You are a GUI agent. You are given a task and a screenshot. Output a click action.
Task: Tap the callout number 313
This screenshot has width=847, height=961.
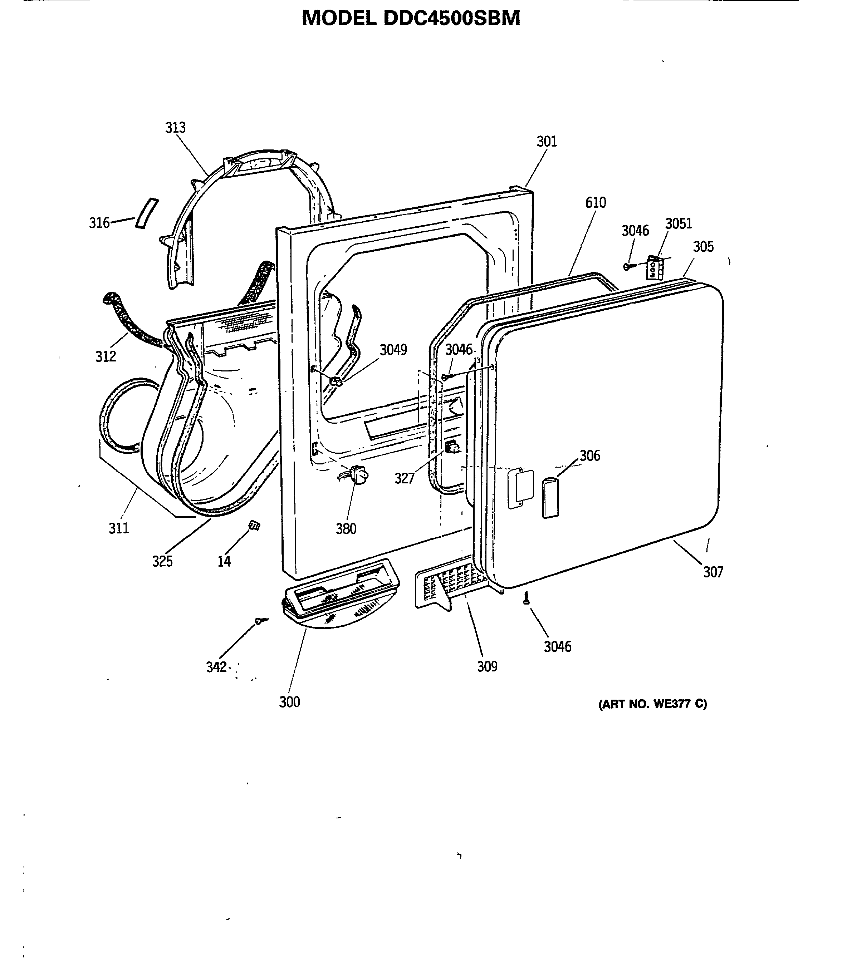[x=175, y=127]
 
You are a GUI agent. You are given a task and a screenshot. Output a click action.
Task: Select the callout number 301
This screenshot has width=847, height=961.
[x=547, y=142]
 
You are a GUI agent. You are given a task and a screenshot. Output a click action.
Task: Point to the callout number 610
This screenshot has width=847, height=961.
[x=596, y=203]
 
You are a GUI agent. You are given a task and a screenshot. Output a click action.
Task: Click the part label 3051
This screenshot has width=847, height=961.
[x=678, y=224]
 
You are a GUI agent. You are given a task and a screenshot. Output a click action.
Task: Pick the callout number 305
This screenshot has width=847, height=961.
[x=703, y=247]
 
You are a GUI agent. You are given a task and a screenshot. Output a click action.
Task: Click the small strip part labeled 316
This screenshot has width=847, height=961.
[x=147, y=213]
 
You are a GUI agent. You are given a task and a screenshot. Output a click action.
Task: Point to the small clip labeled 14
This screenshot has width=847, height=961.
[x=254, y=525]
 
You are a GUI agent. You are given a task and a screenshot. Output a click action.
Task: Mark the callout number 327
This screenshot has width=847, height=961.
[x=404, y=479]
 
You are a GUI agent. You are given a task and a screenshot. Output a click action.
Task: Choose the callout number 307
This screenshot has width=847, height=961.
[x=713, y=572]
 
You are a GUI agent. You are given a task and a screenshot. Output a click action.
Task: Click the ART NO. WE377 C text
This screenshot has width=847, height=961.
[x=652, y=704]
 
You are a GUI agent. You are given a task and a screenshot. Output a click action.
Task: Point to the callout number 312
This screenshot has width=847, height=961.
[x=106, y=357]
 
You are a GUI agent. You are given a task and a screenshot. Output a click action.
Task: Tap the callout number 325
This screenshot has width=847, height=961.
[x=162, y=561]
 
